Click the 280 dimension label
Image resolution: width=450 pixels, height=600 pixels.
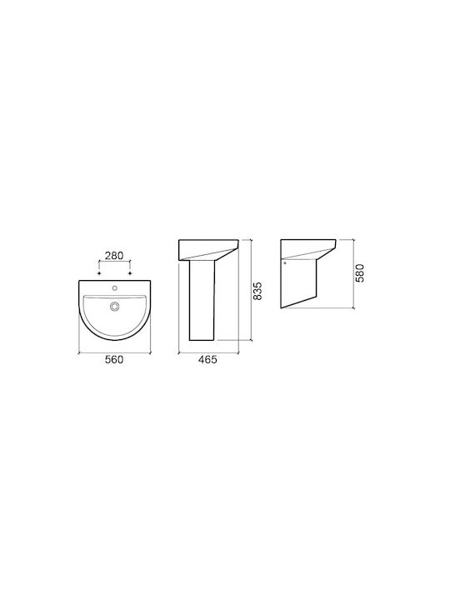click(114, 255)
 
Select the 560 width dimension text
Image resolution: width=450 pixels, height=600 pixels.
click(114, 360)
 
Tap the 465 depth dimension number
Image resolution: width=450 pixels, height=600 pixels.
click(207, 360)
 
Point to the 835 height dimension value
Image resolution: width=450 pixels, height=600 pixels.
click(257, 291)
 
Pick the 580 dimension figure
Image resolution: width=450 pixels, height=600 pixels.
click(360, 272)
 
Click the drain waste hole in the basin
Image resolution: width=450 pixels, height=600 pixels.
click(115, 306)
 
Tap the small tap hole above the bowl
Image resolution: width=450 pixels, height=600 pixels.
click(114, 287)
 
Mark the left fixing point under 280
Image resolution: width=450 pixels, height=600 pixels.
click(99, 273)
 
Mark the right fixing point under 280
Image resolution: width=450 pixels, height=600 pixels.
click(131, 273)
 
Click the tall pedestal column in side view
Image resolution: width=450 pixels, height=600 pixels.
click(202, 300)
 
